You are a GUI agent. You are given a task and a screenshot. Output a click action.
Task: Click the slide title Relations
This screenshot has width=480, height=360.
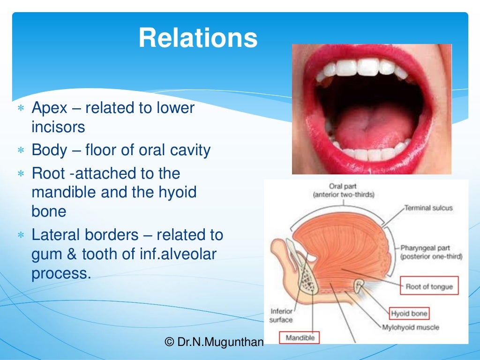pyautogui.click(x=198, y=38)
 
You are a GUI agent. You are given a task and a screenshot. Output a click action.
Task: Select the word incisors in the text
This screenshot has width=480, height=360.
pyautogui.click(x=58, y=127)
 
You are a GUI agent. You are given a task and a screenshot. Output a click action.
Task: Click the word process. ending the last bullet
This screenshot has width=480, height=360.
pyautogui.click(x=61, y=273)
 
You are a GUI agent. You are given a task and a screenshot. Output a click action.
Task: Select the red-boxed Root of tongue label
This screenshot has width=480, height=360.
pyautogui.click(x=429, y=286)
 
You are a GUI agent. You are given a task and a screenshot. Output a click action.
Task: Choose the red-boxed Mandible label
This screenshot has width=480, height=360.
pyautogui.click(x=300, y=337)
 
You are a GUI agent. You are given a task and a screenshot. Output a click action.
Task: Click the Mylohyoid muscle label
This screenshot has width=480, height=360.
pyautogui.click(x=411, y=327)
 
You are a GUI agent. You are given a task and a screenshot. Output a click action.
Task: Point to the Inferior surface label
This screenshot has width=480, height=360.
pyautogui.click(x=281, y=315)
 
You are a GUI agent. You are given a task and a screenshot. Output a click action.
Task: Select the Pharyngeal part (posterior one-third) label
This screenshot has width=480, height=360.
pyautogui.click(x=431, y=252)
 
